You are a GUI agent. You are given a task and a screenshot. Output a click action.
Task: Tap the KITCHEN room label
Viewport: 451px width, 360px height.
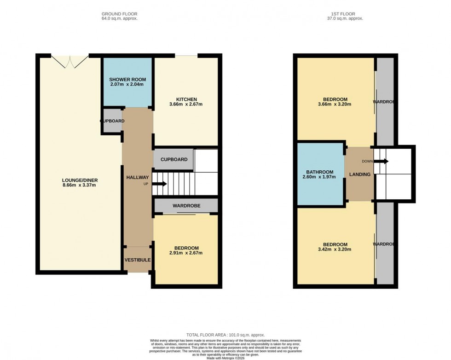186,99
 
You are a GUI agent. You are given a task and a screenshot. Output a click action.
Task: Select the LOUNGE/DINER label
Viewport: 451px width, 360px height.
80,180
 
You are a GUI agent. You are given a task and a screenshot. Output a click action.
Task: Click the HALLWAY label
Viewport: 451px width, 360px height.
137,177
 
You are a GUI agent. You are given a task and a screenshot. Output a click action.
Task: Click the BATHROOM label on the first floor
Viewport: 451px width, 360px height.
320,170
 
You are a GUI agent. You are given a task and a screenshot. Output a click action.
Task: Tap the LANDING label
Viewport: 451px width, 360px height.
359,174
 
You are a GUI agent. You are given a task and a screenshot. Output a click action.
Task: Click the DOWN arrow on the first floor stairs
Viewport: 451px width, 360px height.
382,161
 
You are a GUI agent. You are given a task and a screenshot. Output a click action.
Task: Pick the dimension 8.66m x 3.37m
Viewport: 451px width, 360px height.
80,185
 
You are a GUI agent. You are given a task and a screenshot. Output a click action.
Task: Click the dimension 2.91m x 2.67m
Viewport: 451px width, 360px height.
186,253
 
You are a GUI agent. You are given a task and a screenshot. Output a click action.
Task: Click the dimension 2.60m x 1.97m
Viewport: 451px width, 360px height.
320,176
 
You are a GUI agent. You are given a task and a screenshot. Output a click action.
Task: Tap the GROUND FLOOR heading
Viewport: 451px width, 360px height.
120,14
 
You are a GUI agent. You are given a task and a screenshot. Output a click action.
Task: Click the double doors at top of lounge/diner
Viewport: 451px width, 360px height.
69,61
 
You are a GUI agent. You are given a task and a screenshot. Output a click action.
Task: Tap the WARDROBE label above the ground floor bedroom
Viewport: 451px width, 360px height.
186,206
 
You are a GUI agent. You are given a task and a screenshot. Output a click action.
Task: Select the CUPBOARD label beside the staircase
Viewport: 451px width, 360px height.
173,159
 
